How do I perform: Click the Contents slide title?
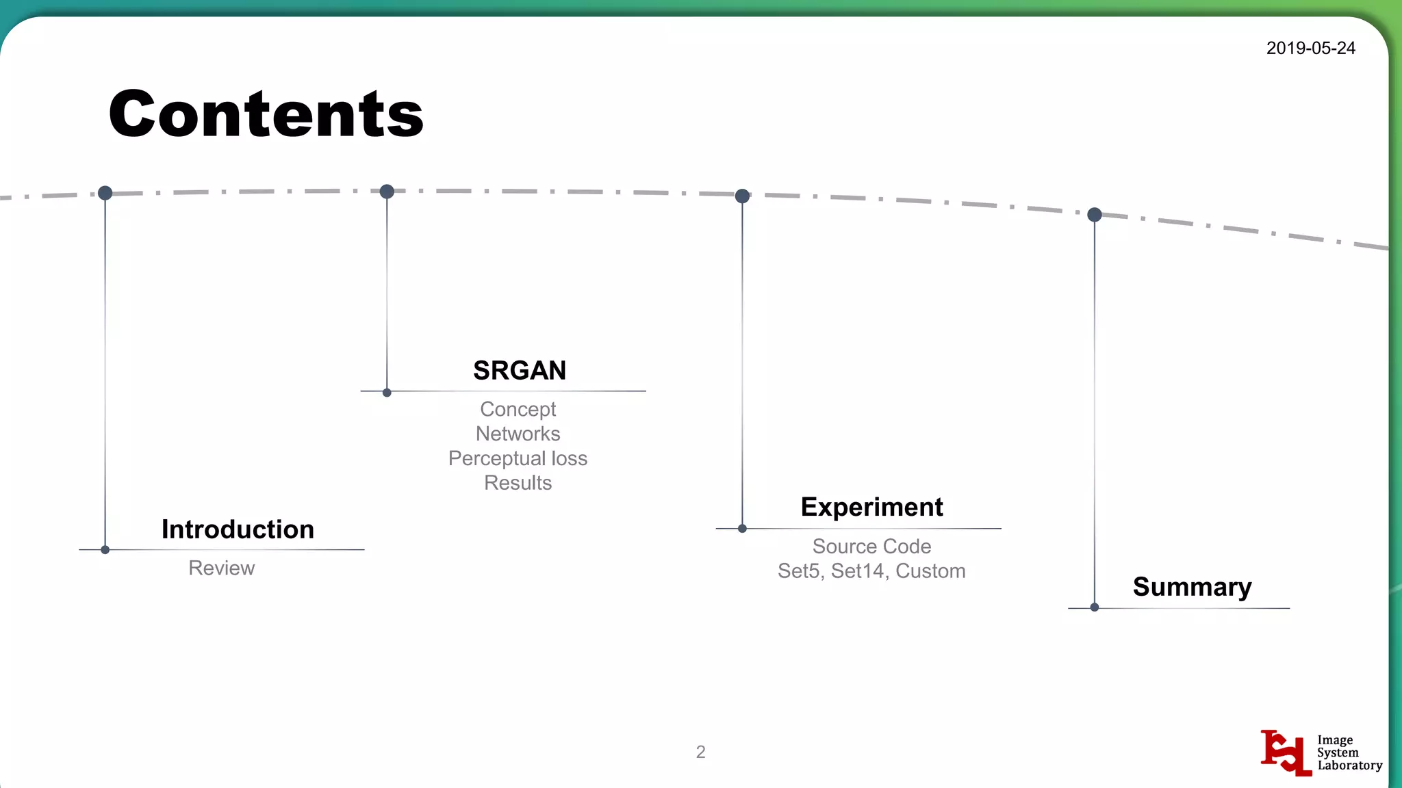click(266, 114)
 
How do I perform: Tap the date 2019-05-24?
click(1310, 48)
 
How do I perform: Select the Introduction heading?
click(238, 529)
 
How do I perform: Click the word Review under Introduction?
click(221, 568)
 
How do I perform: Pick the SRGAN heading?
click(520, 370)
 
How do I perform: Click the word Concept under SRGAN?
click(518, 409)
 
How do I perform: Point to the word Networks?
click(518, 434)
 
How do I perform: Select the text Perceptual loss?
click(518, 458)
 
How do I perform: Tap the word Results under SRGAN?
click(518, 483)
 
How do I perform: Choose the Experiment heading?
click(871, 507)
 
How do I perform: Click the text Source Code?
click(871, 546)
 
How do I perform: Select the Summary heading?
click(1192, 587)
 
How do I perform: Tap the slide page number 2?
click(700, 752)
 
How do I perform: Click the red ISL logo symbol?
click(1286, 752)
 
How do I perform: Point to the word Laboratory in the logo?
click(1349, 765)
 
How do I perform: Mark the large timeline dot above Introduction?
click(105, 193)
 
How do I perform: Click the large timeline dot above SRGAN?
click(387, 192)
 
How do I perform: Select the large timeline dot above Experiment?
click(742, 196)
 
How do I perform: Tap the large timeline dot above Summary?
click(1095, 215)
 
